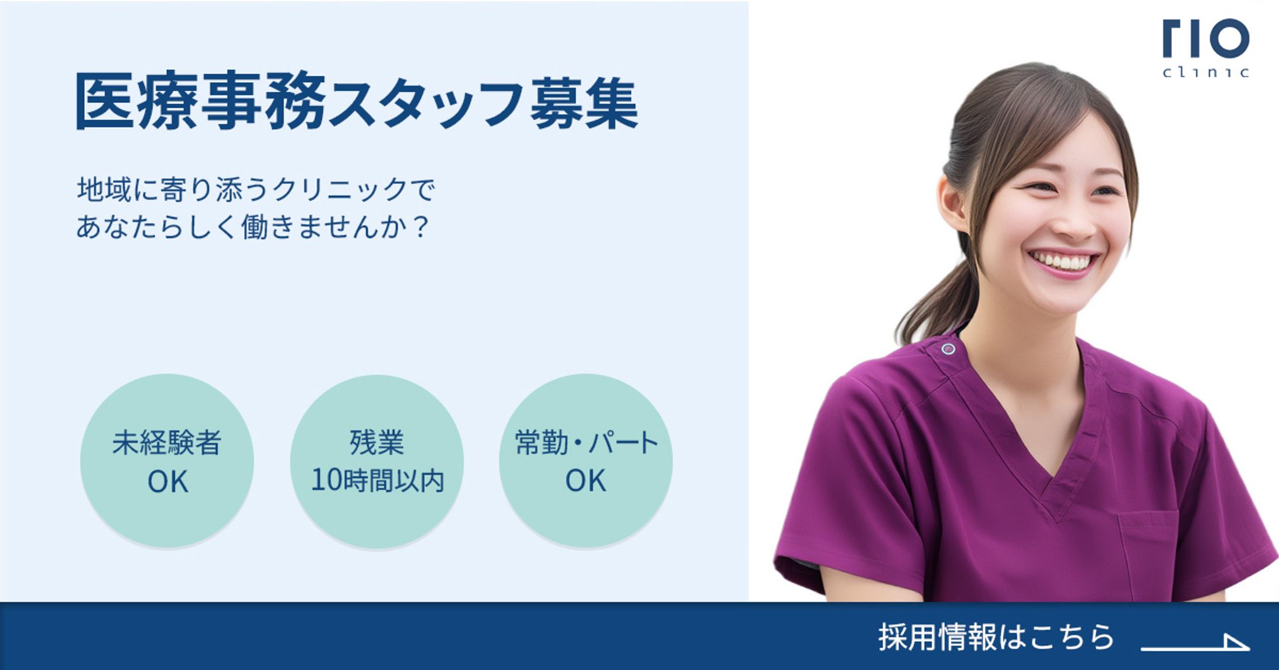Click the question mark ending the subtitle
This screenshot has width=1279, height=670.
[x=420, y=227]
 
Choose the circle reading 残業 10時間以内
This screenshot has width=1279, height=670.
[x=377, y=461]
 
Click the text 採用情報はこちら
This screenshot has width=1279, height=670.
[x=995, y=637]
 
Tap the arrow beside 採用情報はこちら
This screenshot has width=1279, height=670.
[x=1195, y=644]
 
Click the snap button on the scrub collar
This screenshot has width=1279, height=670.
[x=948, y=349]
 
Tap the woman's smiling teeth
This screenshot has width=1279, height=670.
[x=1063, y=261]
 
